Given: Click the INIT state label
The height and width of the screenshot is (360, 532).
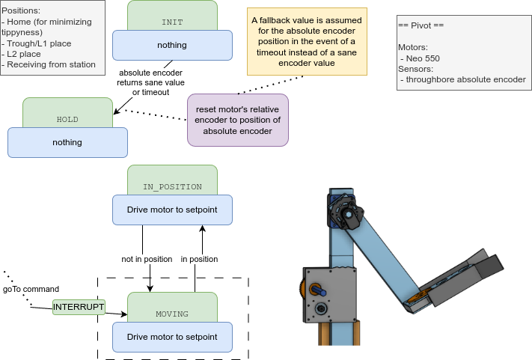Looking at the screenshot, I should [x=172, y=22].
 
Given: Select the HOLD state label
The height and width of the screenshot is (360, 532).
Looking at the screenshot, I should [x=67, y=120].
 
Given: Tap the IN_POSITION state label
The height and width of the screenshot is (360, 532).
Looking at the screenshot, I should [x=172, y=187].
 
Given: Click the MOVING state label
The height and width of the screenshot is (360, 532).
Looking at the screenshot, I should [x=172, y=314].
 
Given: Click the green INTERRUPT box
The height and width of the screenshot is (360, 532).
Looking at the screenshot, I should [x=79, y=307].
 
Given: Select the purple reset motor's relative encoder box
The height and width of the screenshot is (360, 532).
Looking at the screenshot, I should [x=238, y=120].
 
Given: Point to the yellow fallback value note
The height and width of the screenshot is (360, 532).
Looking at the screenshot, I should [x=308, y=42].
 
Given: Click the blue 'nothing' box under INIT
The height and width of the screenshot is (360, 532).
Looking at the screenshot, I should [x=172, y=45].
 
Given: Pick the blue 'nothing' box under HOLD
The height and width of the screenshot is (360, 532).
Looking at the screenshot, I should [x=67, y=142].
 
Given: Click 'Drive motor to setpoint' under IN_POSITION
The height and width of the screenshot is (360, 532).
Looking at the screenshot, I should [x=172, y=210].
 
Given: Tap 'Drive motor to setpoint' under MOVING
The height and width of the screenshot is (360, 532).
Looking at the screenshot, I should [x=172, y=337].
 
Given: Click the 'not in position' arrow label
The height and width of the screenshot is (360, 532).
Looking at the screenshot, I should [x=147, y=259].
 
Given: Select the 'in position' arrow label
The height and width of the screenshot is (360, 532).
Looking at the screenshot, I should [x=199, y=259].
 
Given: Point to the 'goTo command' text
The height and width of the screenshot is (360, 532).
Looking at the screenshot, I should [x=31, y=289].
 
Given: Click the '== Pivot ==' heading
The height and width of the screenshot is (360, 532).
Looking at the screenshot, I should [x=421, y=25].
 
